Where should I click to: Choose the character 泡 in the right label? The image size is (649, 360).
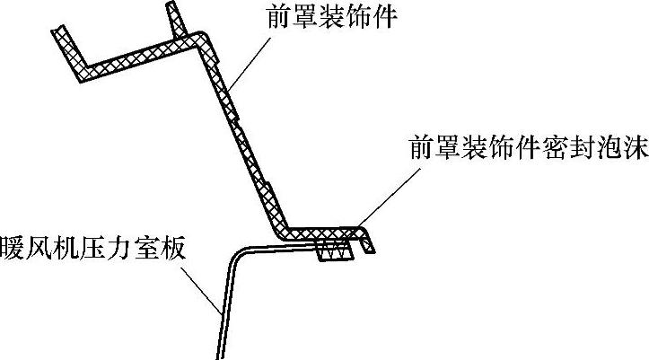tap(603, 147)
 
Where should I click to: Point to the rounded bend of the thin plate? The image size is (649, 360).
tap(235, 253)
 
